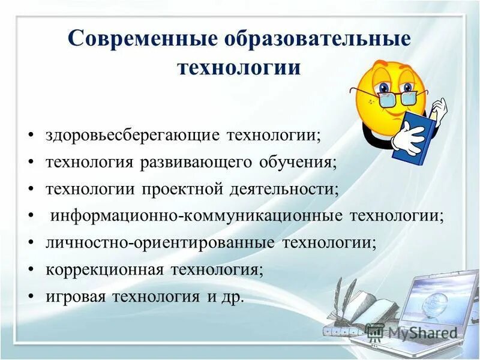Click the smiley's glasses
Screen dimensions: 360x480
[x=384, y=97]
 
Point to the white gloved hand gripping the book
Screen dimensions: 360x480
[x=408, y=136]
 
